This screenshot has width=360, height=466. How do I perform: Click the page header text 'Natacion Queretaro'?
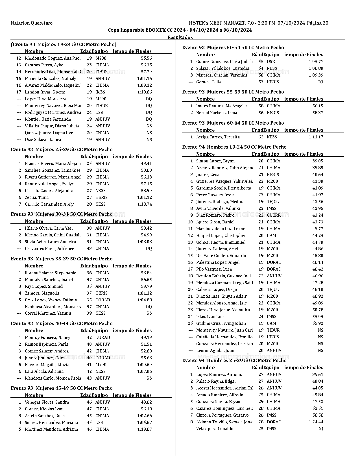31,23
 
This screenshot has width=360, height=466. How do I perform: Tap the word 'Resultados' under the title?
180,37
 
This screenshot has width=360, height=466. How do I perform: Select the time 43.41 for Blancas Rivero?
146,164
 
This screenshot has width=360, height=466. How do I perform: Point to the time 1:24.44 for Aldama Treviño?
316,422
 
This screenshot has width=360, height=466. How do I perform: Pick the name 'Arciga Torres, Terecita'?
218,137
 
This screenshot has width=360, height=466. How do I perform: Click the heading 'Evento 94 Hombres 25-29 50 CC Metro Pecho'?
234,360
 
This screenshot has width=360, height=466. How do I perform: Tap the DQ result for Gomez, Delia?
320,82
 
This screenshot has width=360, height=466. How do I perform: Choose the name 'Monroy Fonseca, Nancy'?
47,337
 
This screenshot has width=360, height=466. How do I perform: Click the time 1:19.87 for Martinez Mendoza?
144,429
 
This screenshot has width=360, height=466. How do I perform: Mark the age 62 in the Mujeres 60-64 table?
261,137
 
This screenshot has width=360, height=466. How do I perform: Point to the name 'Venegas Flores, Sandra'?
47,402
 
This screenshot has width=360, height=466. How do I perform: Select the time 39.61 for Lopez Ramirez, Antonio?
318,374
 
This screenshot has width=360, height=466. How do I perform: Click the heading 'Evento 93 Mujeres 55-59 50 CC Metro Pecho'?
233,92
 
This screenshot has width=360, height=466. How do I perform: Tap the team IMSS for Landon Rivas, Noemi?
100,92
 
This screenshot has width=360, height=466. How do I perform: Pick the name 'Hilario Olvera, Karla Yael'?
49,228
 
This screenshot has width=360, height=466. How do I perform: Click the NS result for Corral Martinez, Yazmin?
149,313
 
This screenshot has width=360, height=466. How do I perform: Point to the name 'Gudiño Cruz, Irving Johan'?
221,323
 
